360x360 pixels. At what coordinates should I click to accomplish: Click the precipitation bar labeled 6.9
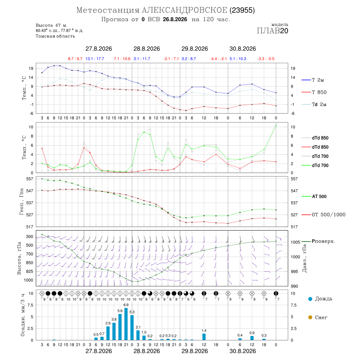click(126, 324)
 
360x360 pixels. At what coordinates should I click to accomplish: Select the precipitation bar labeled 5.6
click(120, 327)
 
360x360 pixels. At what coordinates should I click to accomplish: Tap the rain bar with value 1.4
click(204, 337)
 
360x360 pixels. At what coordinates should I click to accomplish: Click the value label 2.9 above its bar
click(108, 323)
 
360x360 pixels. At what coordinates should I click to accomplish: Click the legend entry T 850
click(314, 92)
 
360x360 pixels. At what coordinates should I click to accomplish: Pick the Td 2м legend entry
click(314, 104)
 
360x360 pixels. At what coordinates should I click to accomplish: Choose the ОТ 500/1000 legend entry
click(324, 215)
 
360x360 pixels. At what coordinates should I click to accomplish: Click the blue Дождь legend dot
click(310, 299)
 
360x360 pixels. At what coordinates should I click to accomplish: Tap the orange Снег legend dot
click(310, 317)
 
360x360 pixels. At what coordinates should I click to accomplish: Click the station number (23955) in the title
click(242, 10)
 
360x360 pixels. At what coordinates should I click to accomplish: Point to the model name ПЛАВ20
click(272, 31)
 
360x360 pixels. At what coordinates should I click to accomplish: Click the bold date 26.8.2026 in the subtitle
click(175, 20)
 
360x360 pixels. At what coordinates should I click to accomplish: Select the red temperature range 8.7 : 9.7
click(75, 59)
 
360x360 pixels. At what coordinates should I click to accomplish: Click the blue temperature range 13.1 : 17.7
click(94, 59)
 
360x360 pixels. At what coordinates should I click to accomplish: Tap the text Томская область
click(55, 36)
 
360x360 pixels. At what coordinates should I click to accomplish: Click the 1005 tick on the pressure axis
click(296, 242)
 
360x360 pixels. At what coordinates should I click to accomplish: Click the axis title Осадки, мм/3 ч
click(23, 315)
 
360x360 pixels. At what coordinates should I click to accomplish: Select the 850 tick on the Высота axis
click(29, 263)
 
